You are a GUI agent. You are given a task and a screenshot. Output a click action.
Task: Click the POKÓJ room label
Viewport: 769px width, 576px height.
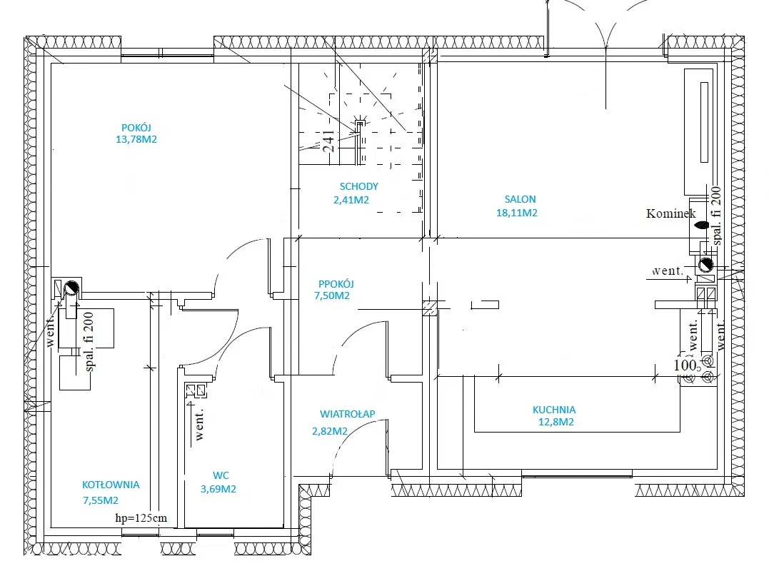(136, 128)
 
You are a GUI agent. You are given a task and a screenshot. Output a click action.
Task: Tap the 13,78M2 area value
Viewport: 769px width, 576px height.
(136, 139)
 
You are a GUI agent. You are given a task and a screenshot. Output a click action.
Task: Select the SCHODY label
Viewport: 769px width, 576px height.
(359, 186)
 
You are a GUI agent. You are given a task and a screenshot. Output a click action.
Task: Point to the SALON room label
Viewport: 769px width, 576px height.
(521, 200)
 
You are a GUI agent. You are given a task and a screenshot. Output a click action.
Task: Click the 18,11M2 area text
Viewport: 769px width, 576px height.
(517, 213)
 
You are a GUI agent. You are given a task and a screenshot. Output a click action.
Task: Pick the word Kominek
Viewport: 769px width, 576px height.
(671, 213)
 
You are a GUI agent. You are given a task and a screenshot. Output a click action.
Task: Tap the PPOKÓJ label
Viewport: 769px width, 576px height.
(336, 284)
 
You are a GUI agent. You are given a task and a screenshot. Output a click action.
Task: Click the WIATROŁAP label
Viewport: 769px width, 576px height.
(348, 414)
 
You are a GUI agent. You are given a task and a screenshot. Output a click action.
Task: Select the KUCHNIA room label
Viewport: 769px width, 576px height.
(554, 410)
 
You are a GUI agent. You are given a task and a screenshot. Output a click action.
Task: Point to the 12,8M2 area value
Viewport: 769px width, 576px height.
(556, 422)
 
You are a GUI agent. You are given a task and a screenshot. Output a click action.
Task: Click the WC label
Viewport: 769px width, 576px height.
(221, 475)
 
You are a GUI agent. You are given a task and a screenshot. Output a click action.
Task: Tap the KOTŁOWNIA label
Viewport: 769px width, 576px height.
(111, 485)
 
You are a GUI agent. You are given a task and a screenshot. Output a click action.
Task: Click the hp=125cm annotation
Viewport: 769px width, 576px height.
(141, 517)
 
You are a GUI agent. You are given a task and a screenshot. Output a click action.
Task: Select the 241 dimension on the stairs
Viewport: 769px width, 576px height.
(328, 141)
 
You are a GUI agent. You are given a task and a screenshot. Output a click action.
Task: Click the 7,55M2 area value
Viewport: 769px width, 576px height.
(101, 500)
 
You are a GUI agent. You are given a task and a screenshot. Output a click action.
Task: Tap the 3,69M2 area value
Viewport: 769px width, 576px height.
(218, 489)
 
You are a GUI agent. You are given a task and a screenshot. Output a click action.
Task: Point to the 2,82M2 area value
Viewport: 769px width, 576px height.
(330, 431)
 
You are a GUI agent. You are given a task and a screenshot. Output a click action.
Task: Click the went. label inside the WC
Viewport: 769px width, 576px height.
(199, 425)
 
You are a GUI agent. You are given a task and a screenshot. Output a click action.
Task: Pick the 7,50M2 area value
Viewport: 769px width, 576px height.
(332, 295)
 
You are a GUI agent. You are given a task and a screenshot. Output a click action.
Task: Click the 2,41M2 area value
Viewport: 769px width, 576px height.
(351, 200)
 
